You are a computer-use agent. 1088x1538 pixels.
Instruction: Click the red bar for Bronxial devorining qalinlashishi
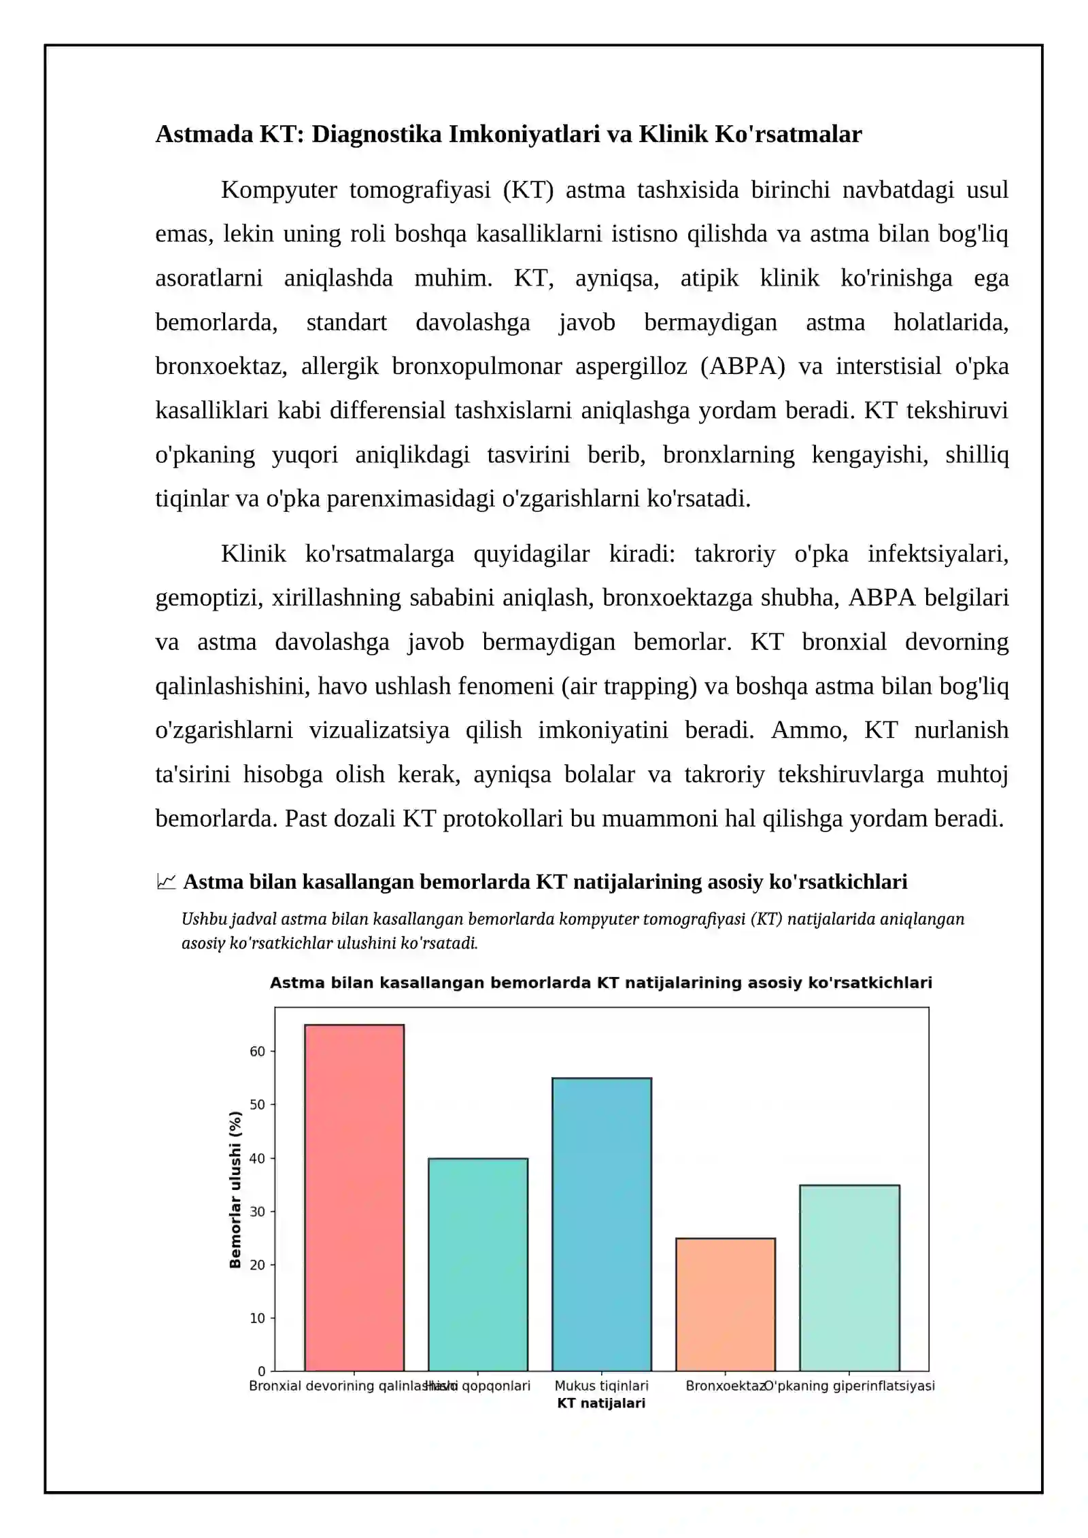[x=354, y=1197]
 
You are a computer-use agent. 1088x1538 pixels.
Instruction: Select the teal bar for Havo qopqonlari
[x=477, y=1264]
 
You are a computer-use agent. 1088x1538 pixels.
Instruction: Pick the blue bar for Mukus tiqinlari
[x=601, y=1224]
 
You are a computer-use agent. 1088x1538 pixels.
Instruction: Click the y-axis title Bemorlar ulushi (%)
[x=235, y=1189]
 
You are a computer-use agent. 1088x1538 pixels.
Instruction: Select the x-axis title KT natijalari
[x=601, y=1403]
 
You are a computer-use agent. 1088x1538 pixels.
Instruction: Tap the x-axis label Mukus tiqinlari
[x=601, y=1386]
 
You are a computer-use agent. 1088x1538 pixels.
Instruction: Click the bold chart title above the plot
[x=601, y=982]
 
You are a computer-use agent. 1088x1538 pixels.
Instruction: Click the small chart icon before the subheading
[x=166, y=882]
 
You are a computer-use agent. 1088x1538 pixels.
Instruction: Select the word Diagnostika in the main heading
[x=377, y=134]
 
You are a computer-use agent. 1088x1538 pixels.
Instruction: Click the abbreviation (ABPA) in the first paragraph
[x=743, y=366]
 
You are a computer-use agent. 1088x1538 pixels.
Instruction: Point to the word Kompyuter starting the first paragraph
[x=279, y=190]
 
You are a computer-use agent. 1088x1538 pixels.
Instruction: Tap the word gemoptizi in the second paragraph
[x=208, y=598]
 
